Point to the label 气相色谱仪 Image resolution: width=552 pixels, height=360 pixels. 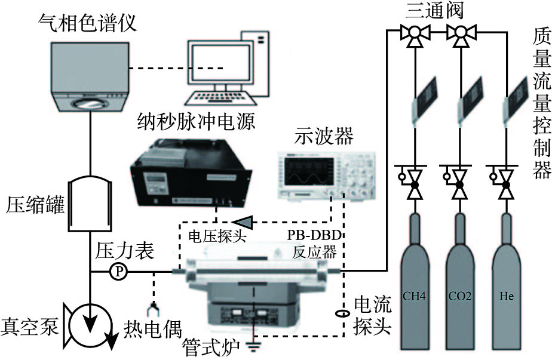tap(88, 23)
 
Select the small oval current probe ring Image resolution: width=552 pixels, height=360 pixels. tap(342, 313)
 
